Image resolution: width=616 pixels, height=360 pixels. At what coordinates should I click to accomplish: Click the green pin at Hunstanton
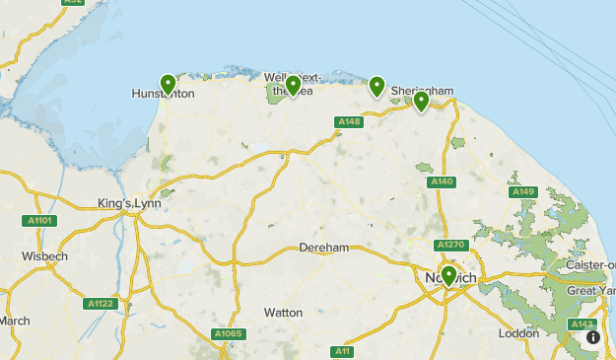tap(168, 84)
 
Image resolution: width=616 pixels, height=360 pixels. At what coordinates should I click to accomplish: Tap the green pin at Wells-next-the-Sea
tap(292, 85)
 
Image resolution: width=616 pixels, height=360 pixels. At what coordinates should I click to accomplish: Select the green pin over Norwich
tap(448, 275)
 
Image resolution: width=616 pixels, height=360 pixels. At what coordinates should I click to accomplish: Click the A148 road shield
tap(349, 122)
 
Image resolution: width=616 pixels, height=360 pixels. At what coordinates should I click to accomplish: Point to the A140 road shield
tap(442, 182)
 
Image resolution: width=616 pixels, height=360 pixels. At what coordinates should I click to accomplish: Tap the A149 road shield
tap(523, 191)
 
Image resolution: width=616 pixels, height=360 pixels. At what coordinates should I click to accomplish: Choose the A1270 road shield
tap(449, 245)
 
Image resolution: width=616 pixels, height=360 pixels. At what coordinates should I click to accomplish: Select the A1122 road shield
tap(100, 304)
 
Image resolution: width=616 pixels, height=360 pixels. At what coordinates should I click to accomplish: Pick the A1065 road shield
tap(228, 333)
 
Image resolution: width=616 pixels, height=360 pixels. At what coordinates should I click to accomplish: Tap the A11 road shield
tap(343, 351)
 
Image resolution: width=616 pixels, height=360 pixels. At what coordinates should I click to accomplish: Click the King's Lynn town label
tap(128, 203)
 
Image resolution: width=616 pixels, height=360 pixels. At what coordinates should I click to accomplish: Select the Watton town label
tap(283, 313)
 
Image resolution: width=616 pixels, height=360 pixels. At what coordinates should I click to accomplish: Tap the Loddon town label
tap(518, 333)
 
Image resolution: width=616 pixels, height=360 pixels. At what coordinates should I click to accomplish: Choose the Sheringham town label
tap(422, 91)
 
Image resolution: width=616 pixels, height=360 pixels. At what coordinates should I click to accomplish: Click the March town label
tap(14, 321)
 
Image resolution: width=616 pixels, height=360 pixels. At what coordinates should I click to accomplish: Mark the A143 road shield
tap(582, 324)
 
